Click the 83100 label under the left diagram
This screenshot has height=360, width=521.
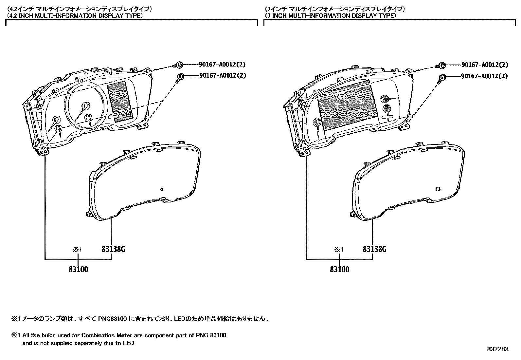point(79,270)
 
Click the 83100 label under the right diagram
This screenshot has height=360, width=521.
point(340,270)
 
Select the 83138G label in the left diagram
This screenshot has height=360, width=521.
point(113,249)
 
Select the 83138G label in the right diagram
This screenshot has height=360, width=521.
point(374,249)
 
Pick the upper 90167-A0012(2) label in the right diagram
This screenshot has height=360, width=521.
point(485,65)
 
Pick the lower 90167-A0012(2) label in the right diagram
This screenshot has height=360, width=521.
point(485,76)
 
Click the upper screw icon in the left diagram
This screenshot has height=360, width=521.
point(179,65)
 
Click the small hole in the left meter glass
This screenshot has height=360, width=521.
point(161,189)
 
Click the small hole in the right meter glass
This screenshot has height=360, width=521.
point(438,189)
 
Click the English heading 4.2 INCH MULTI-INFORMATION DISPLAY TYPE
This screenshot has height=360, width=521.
point(75,15)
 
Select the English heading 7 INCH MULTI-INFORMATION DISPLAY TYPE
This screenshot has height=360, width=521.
point(331,15)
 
